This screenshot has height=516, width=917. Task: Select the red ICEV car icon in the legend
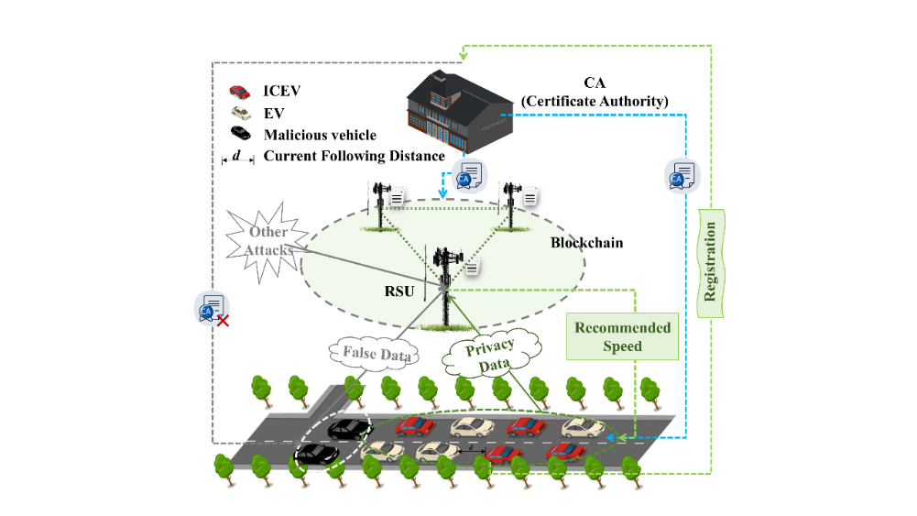[x=239, y=92]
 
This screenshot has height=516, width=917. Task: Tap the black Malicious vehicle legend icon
[x=239, y=135]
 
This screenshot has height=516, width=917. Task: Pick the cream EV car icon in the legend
[x=239, y=113]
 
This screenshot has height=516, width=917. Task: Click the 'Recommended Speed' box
[x=623, y=337]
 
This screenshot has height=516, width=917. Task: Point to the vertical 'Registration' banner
[x=710, y=261]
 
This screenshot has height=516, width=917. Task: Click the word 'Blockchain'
[x=586, y=243]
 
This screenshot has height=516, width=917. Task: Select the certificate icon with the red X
[x=213, y=309]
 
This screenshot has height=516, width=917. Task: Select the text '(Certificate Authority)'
[x=597, y=101]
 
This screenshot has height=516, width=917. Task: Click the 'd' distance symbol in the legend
[x=236, y=157]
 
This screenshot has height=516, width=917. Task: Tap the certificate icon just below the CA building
[x=468, y=175]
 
